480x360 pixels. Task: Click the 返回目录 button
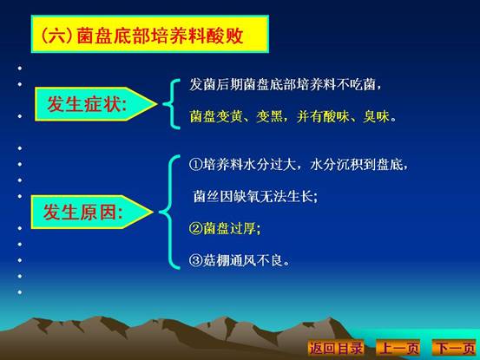336,348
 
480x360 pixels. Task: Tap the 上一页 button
398,348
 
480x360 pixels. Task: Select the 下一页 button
455,348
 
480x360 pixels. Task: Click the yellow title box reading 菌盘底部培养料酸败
150,34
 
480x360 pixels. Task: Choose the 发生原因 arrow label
92,212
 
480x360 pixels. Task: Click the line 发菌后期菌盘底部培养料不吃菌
286,84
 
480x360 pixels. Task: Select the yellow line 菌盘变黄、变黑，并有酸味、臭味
293,116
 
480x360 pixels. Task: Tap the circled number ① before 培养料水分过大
195,165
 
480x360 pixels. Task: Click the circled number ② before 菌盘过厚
195,228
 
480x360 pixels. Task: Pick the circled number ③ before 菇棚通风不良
195,260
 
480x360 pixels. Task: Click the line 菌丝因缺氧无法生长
255,196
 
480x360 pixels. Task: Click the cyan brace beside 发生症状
171,104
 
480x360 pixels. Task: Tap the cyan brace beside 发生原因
169,212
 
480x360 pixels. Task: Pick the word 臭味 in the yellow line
377,116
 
